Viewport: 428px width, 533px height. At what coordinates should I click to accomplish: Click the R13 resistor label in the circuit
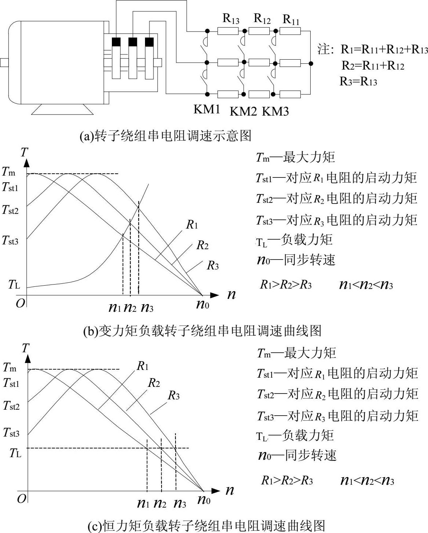tap(231, 18)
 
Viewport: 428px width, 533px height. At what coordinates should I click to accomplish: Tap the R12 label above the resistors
tap(262, 18)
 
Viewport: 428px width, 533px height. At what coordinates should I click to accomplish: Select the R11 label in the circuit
tap(291, 19)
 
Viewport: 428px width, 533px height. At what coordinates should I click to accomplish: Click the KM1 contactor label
tap(206, 109)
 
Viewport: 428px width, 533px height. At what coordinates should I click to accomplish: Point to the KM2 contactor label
tap(243, 111)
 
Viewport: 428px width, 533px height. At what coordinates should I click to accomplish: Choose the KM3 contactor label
tap(275, 111)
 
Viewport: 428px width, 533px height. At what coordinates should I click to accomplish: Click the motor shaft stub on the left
tap(4, 63)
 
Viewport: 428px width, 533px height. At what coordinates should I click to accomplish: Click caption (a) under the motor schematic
tap(166, 136)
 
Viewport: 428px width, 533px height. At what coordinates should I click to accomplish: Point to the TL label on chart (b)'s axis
tap(14, 284)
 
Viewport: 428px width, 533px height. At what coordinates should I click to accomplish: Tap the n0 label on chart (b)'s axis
tap(202, 304)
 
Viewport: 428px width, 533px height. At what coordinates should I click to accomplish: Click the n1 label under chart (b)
tap(115, 307)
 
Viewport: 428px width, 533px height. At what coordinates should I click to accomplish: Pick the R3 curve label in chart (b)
tap(213, 265)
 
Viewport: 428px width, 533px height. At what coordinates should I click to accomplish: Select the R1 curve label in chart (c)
tap(142, 366)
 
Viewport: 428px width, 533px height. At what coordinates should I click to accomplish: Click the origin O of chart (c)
tap(22, 499)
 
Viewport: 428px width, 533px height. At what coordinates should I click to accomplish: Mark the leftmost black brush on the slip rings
tap(116, 42)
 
